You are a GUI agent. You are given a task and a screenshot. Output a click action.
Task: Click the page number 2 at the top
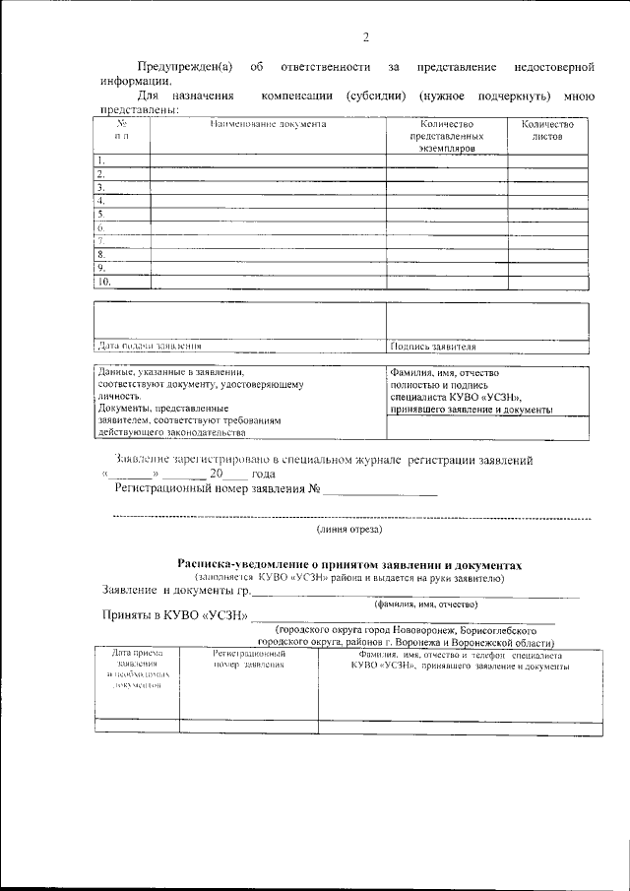(364, 38)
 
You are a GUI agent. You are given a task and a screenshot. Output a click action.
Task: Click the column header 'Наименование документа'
(267, 124)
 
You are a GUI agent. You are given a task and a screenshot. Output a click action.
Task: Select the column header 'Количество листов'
(547, 130)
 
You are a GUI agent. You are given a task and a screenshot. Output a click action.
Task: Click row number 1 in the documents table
(100, 159)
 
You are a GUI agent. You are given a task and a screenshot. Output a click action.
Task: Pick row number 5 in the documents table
(100, 214)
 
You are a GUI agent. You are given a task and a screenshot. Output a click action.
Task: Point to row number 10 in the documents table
(103, 282)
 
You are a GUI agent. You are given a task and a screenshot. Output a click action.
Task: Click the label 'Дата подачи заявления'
(150, 347)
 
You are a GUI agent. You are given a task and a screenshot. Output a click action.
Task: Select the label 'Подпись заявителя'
(433, 347)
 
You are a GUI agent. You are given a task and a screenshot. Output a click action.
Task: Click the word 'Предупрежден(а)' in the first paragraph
(184, 67)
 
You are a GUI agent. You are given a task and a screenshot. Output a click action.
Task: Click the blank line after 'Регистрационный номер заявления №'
(381, 489)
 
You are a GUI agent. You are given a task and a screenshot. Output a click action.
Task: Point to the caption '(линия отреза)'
(349, 531)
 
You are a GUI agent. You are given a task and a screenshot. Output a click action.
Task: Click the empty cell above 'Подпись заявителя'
(487, 320)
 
